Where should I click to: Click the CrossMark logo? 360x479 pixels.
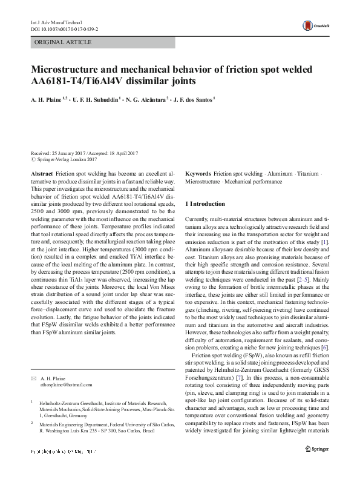pos(315,25)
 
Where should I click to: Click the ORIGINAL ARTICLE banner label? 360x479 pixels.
pos(63,42)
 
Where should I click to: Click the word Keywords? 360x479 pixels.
pos(198,173)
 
